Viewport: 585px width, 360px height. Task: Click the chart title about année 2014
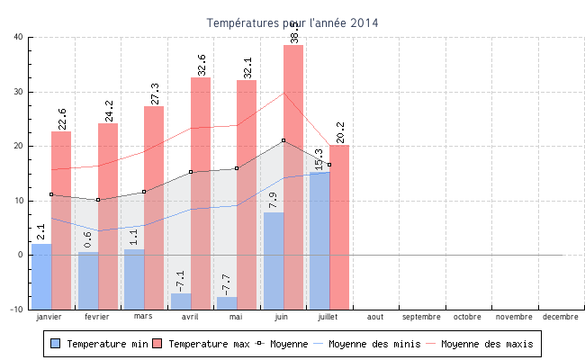[x=292, y=22]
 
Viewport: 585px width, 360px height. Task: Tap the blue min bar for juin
[x=274, y=260]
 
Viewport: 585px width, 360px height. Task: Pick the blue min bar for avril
[x=181, y=301]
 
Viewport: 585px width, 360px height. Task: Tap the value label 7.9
[x=274, y=199]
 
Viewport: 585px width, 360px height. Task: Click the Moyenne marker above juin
[x=283, y=140]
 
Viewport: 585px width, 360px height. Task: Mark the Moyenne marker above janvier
[x=51, y=194]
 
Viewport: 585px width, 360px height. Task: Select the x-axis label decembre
[x=561, y=317]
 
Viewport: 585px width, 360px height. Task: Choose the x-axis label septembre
[x=421, y=317]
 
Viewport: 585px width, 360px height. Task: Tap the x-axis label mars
[x=143, y=317]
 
